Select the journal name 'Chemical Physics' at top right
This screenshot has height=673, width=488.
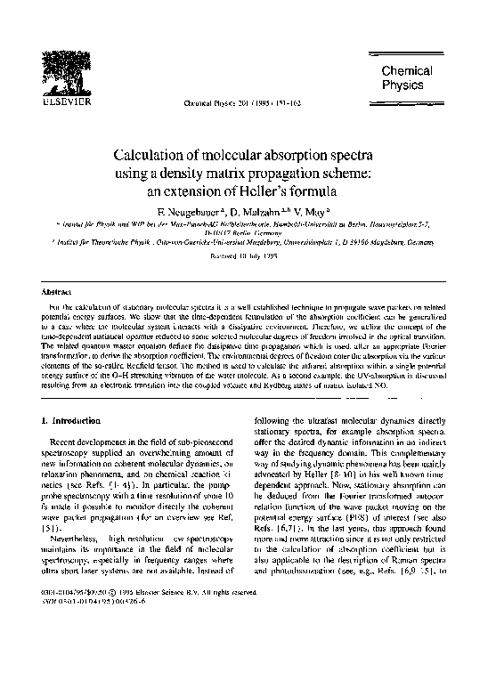[408, 77]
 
